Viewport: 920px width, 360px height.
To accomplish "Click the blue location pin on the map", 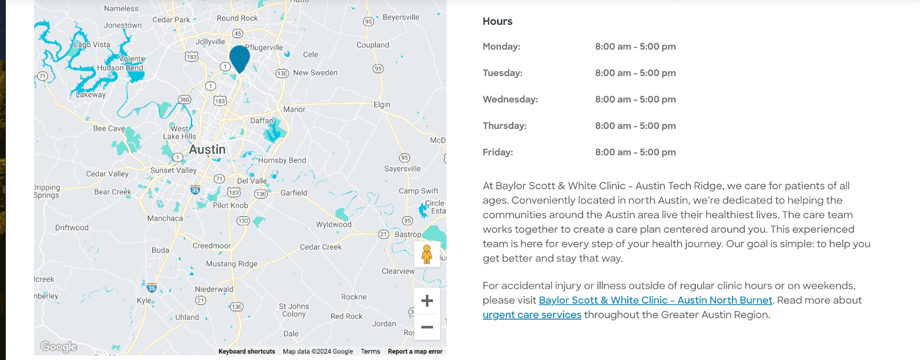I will pyautogui.click(x=239, y=58).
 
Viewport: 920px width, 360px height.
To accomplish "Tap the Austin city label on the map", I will pyautogui.click(x=207, y=150).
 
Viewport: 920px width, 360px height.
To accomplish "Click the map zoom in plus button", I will pyautogui.click(x=427, y=301).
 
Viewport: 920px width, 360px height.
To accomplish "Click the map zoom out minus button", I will pyautogui.click(x=427, y=327).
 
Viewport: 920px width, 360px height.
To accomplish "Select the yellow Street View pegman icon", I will pyautogui.click(x=427, y=254).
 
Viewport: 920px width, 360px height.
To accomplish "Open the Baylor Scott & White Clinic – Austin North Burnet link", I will pyautogui.click(x=655, y=300).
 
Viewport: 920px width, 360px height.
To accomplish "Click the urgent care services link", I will pyautogui.click(x=532, y=315).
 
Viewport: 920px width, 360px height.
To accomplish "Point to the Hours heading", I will pyautogui.click(x=497, y=21).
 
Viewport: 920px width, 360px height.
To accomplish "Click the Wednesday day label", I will pyautogui.click(x=510, y=99).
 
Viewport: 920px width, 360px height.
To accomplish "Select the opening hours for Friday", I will pyautogui.click(x=635, y=152).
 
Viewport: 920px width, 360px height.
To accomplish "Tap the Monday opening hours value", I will pyautogui.click(x=635, y=47).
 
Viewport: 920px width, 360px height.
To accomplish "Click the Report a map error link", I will pyautogui.click(x=415, y=351).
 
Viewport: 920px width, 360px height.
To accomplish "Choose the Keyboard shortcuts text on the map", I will pyautogui.click(x=247, y=351).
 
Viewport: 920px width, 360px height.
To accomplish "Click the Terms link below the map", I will pyautogui.click(x=370, y=351).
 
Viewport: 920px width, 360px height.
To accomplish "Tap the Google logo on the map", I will pyautogui.click(x=59, y=346).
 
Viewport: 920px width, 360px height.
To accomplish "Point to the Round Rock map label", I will pyautogui.click(x=237, y=18).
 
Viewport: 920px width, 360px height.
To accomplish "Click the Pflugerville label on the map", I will pyautogui.click(x=264, y=48).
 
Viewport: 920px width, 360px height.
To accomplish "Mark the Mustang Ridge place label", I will pyautogui.click(x=232, y=264).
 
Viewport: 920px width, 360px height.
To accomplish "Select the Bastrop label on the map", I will pyautogui.click(x=408, y=235).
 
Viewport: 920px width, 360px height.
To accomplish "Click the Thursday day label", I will pyautogui.click(x=504, y=126).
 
